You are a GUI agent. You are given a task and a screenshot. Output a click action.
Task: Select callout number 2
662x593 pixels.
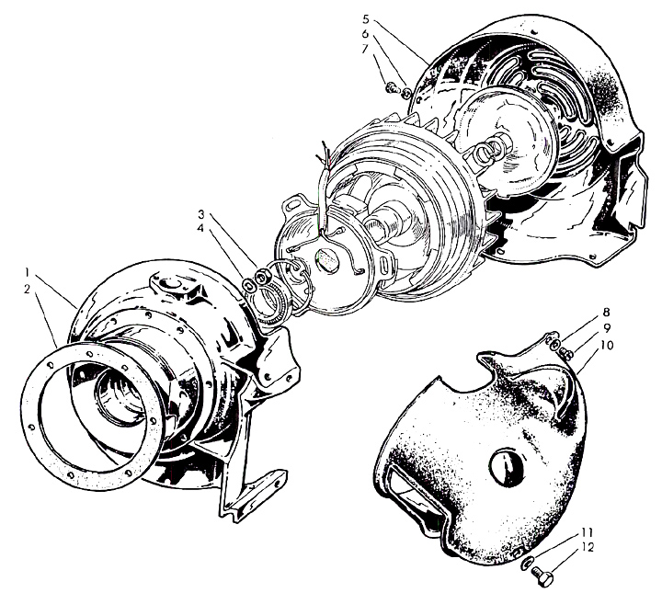coord(28,290)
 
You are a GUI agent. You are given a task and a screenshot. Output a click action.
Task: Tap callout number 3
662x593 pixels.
coord(201,213)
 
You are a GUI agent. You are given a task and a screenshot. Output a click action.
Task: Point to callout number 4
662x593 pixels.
coord(200,228)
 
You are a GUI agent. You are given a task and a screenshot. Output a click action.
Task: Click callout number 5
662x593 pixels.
coord(366,19)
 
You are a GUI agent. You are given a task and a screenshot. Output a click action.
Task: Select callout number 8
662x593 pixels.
coord(606,313)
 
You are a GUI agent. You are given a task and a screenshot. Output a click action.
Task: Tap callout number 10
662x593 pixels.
coord(607,346)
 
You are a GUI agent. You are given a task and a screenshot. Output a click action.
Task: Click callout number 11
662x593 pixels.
coord(588,531)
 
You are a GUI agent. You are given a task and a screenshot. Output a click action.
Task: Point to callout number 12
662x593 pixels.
coord(587,547)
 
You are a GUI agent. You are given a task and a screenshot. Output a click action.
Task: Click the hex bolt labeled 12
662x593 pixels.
coord(542,575)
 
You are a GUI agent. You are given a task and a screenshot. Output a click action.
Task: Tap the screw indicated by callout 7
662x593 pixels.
coord(391,87)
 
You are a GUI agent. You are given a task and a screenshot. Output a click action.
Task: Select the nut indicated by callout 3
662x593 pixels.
coord(264,277)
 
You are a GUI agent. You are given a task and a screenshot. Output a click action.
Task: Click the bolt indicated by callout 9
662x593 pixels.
coord(565,353)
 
